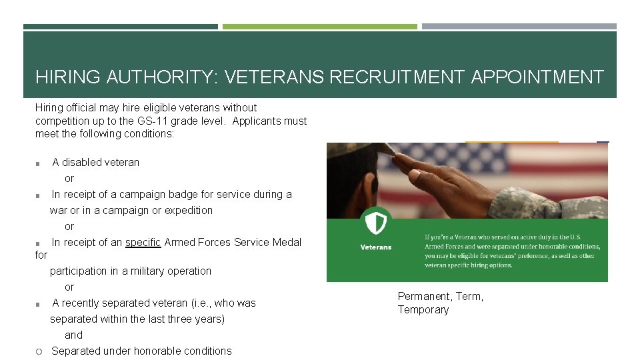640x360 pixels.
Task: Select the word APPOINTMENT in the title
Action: [537, 77]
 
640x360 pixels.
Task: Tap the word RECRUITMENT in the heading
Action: [397, 77]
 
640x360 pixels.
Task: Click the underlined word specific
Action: [143, 243]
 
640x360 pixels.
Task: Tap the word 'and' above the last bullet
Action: [73, 335]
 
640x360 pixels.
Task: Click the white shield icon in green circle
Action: [375, 222]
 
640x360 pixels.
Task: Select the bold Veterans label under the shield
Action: [376, 247]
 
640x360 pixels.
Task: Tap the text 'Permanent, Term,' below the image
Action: [440, 297]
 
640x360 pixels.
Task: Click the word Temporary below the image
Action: [423, 310]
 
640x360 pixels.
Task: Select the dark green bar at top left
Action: [120, 27]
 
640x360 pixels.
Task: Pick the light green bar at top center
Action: [319, 27]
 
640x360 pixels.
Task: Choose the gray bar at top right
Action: [519, 27]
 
